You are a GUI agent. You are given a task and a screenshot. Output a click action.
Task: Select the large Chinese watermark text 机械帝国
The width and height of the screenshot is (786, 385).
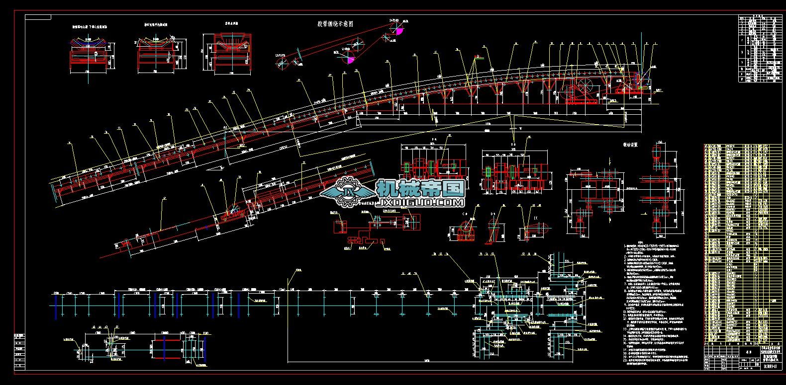[420, 188]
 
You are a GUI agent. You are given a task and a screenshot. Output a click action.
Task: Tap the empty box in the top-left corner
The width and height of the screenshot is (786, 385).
[38, 17]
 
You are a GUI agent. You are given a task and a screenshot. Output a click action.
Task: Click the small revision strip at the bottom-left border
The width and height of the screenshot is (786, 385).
[19, 350]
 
